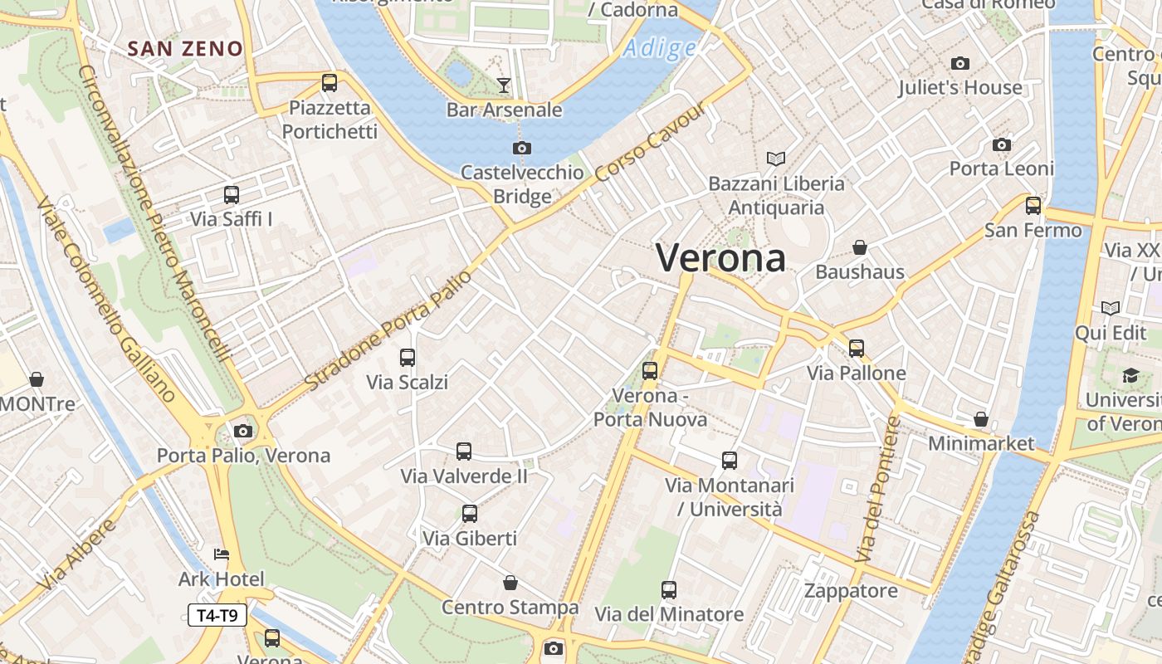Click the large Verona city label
point(720,258)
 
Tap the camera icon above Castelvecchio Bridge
point(521,148)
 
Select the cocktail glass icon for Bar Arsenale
point(503,85)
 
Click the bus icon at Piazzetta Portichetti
point(330,83)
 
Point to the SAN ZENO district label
point(185,49)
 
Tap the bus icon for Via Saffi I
point(232,195)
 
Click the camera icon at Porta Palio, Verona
point(243,431)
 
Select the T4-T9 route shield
point(217,615)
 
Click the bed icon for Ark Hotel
point(221,554)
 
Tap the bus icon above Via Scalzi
point(408,358)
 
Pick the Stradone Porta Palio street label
point(388,330)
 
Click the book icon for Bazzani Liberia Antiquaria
point(776,159)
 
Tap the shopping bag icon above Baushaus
point(860,247)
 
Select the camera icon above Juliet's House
point(960,63)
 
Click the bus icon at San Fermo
point(1033,205)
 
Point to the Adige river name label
point(660,48)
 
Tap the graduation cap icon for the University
point(1130,375)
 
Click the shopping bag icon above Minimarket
point(981,419)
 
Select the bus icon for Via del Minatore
point(669,590)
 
